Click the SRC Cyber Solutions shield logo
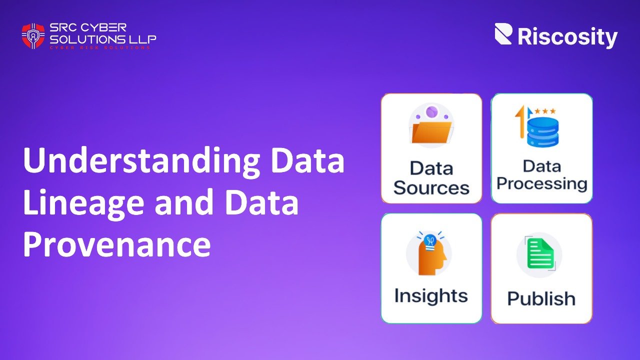(x=33, y=36)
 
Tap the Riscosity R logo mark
(x=503, y=34)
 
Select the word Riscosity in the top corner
(x=567, y=37)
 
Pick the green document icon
(x=540, y=254)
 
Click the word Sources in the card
(x=431, y=188)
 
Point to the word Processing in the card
(x=541, y=183)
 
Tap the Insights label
(x=431, y=295)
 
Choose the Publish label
(x=541, y=298)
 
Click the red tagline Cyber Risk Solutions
(x=99, y=48)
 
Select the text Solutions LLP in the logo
(x=102, y=38)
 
